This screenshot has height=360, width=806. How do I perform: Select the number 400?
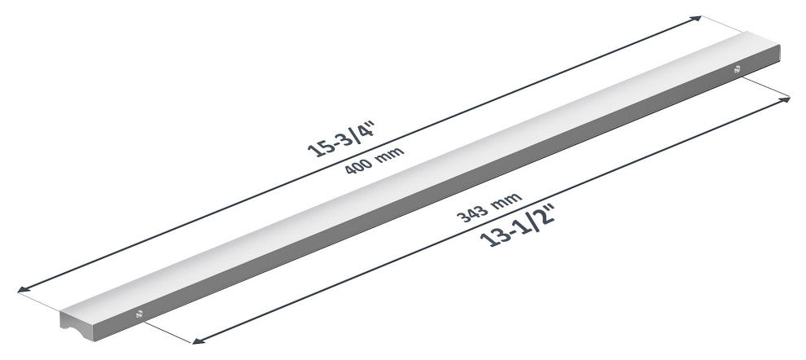(x=357, y=165)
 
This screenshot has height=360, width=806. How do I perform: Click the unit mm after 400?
(x=390, y=153)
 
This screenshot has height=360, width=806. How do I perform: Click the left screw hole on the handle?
(x=138, y=314)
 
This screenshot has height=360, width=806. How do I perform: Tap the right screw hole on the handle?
(x=737, y=69)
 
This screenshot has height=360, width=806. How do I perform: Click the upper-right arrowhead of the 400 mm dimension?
(x=696, y=19)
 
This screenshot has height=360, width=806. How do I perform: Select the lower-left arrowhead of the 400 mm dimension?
(x=23, y=289)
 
